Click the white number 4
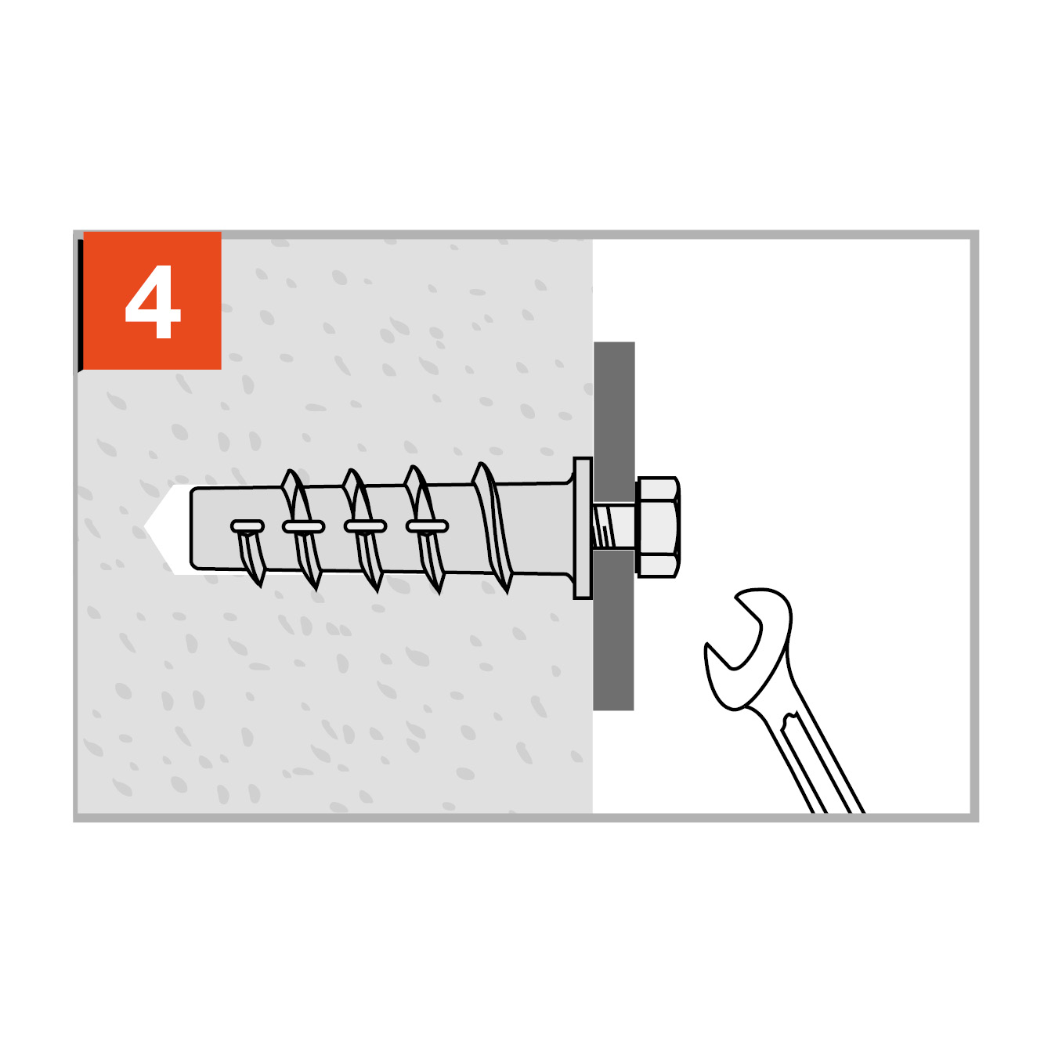point(152,302)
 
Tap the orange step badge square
point(152,300)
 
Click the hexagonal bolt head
point(658,526)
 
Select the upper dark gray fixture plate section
point(614,422)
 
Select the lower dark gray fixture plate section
point(613,630)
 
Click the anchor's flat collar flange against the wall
point(583,528)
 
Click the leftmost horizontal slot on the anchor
point(247,526)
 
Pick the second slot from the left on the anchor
point(303,526)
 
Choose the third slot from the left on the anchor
point(365,526)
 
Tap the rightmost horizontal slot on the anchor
point(427,526)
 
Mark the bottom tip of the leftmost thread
point(261,587)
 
